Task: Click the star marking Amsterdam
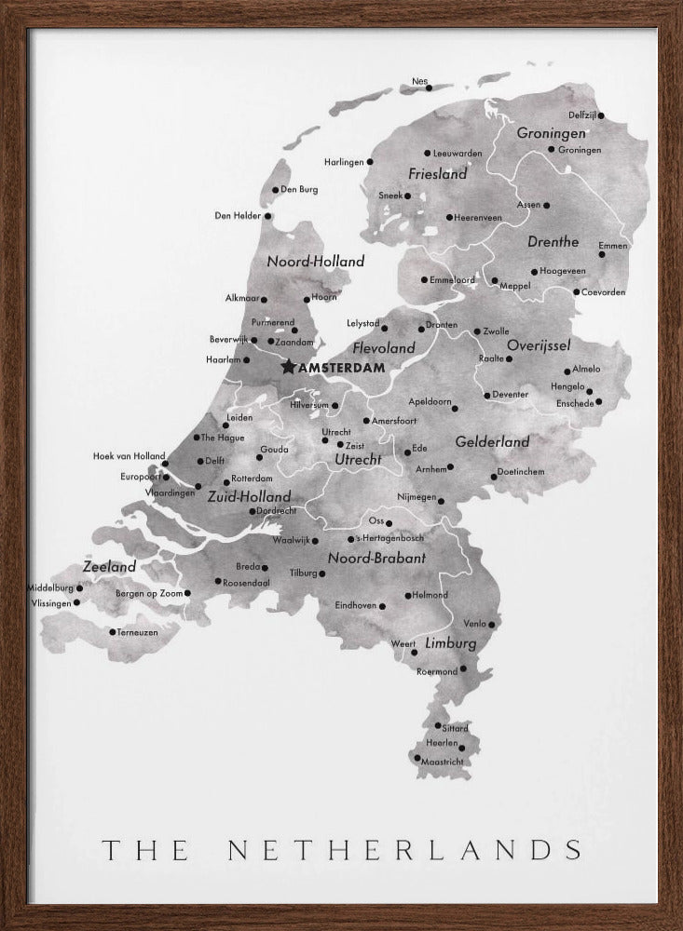click(287, 367)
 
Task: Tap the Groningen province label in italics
click(551, 133)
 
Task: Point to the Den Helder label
click(237, 215)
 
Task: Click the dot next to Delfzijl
click(601, 115)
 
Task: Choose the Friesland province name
click(437, 174)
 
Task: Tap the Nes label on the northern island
click(419, 81)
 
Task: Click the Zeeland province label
click(109, 566)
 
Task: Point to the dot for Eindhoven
click(382, 605)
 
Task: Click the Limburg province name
click(451, 643)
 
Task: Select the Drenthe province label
click(553, 241)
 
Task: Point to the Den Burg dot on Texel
click(275, 190)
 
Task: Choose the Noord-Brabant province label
click(376, 559)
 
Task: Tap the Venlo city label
click(474, 624)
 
